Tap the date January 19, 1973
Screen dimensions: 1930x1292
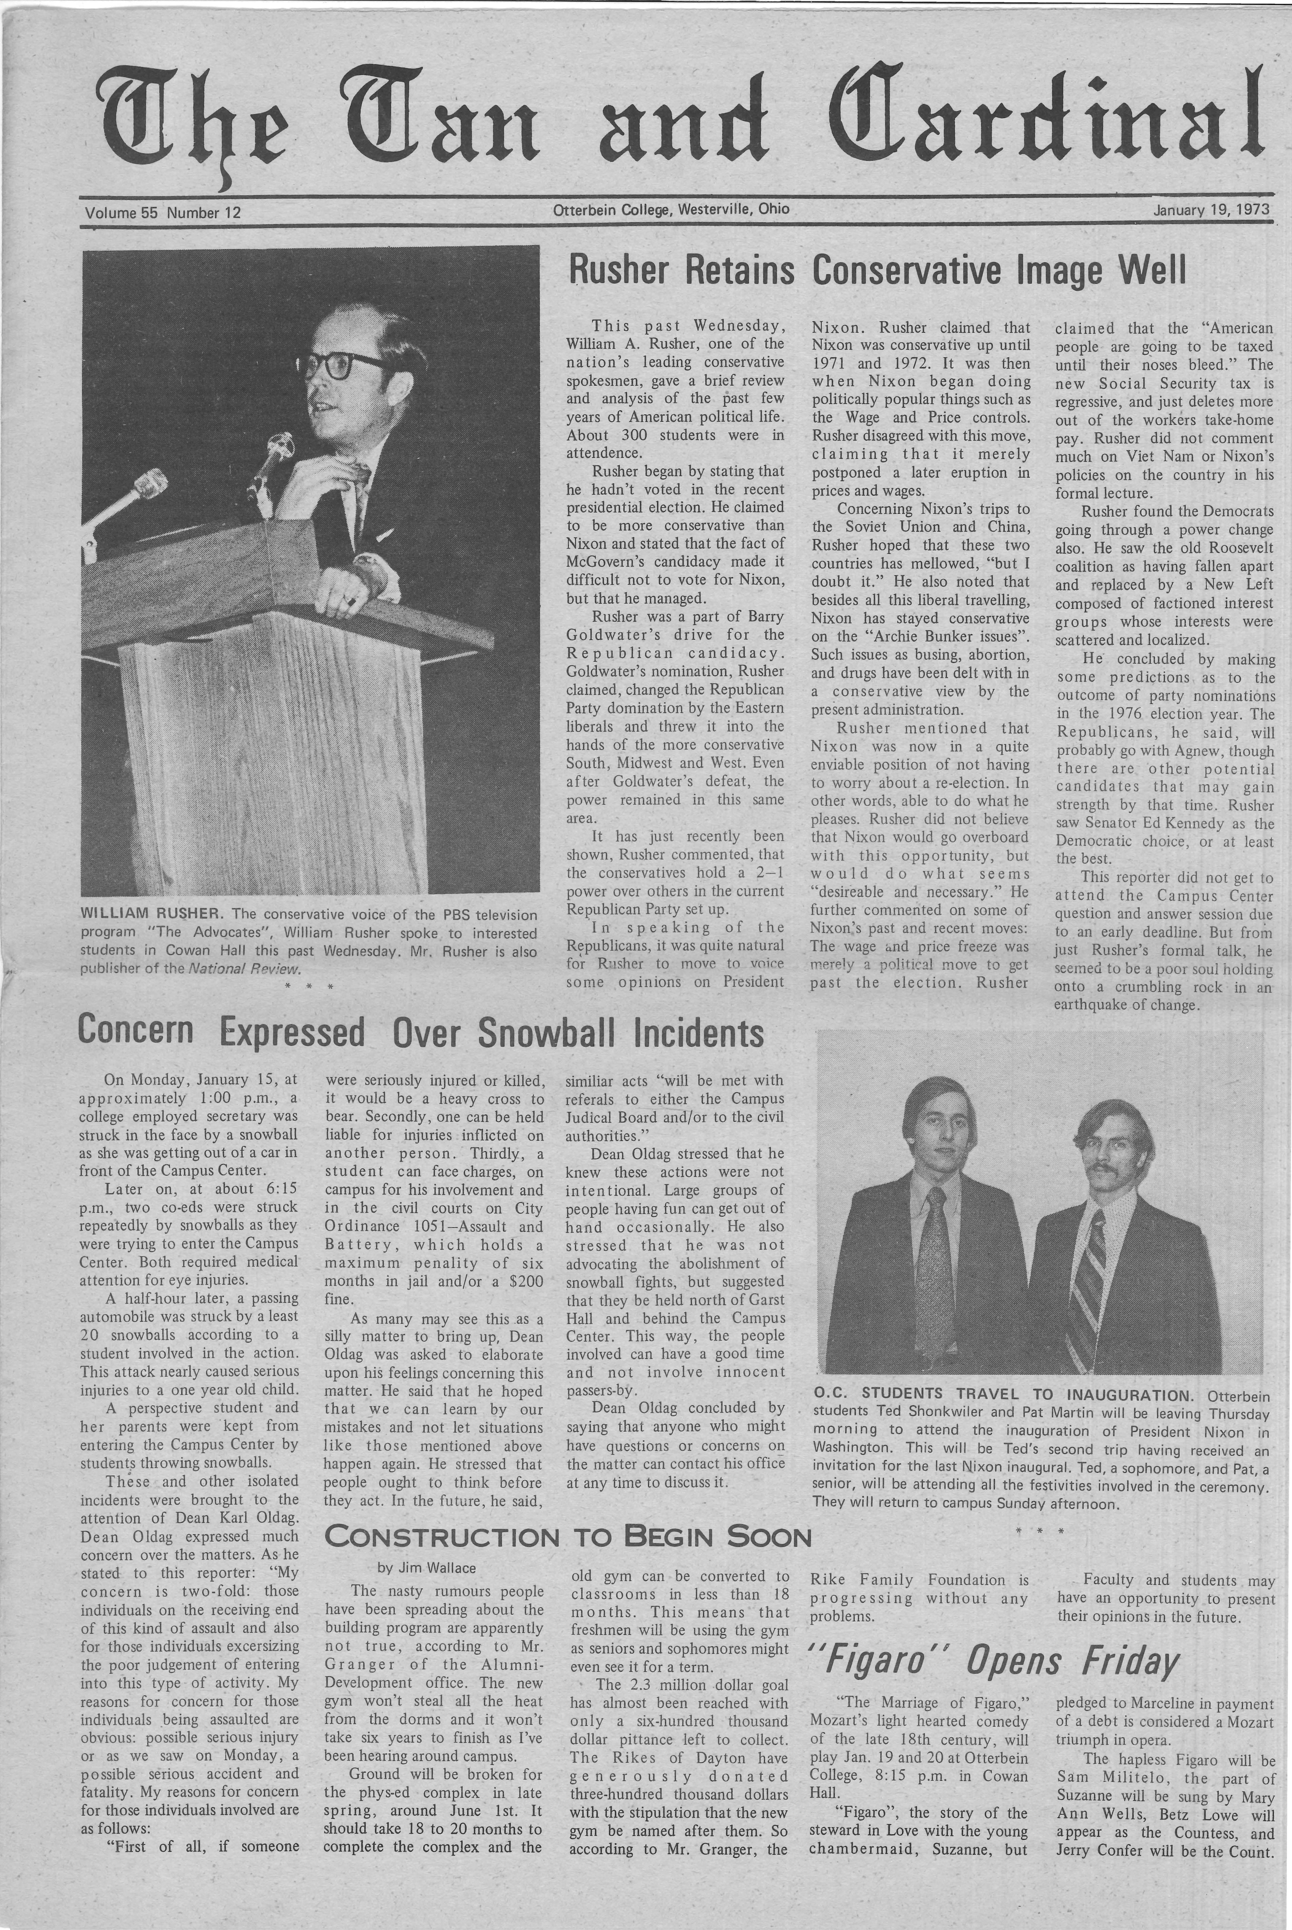1211,210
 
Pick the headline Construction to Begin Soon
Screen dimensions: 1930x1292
569,1537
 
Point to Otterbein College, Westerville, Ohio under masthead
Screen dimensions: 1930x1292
671,209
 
